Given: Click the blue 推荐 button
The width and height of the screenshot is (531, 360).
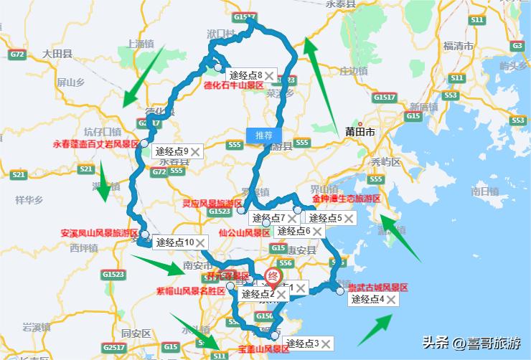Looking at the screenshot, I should tap(263, 134).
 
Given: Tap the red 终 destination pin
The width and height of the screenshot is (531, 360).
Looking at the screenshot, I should tap(273, 277).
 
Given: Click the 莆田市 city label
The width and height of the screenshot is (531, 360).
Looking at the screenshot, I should tap(360, 132).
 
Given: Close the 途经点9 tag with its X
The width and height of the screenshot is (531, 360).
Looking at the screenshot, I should tap(195, 151).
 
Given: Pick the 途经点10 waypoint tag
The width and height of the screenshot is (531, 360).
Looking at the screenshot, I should tap(175, 242).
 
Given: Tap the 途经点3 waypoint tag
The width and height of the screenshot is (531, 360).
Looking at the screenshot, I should tap(301, 343).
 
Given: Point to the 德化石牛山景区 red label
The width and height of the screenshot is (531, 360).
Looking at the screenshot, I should tap(234, 85).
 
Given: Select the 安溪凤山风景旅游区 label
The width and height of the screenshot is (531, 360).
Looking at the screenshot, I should tap(99, 233).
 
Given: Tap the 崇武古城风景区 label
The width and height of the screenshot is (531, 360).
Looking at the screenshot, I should tap(377, 287).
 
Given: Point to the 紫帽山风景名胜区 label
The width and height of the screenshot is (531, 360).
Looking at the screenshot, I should tap(191, 291).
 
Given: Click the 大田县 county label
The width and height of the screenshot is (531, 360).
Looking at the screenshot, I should tap(57, 53).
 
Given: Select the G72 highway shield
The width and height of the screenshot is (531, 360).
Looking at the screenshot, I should tap(17, 55).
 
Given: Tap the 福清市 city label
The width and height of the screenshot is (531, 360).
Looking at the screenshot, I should tap(458, 45).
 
